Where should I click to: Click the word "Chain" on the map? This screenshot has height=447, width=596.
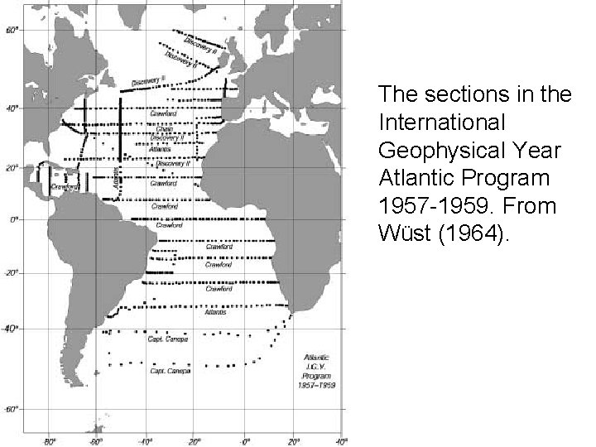coord(163,129)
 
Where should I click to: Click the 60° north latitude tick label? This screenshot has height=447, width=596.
coord(12,30)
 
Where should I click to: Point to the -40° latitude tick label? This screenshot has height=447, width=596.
coord(12,329)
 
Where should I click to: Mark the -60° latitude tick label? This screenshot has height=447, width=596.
coord(12,409)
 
